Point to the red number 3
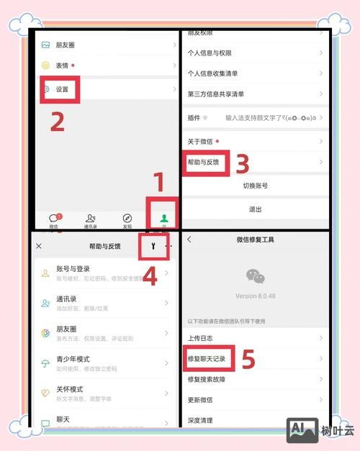pyautogui.click(x=243, y=165)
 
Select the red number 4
pyautogui.click(x=150, y=275)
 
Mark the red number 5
pyautogui.click(x=248, y=360)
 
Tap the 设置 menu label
pyautogui.click(x=63, y=90)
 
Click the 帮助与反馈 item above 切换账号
pyautogui.click(x=205, y=163)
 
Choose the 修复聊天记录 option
pyautogui.click(x=207, y=357)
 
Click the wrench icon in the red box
pyautogui.click(x=152, y=246)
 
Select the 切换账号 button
pyautogui.click(x=255, y=186)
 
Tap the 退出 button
pyautogui.click(x=255, y=209)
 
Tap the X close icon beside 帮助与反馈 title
pyautogui.click(x=39, y=246)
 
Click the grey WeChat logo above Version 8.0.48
pyautogui.click(x=255, y=276)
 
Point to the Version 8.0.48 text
pyautogui.click(x=255, y=296)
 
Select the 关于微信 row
pyautogui.click(x=202, y=142)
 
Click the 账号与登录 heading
pyautogui.click(x=76, y=270)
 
